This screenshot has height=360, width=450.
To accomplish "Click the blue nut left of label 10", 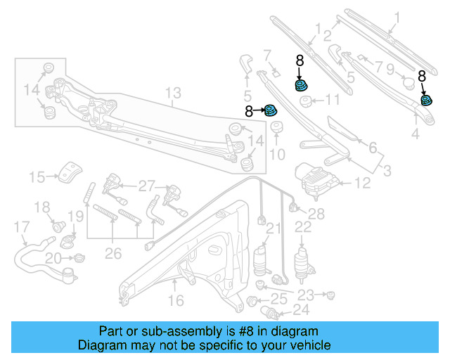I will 269,110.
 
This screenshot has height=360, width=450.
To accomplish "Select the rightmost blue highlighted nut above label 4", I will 426,100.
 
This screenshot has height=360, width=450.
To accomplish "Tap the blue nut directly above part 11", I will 300,86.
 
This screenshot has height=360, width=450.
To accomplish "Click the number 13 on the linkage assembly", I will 173,93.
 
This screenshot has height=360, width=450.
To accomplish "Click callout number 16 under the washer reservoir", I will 175,300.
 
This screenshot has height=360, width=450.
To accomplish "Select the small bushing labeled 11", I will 307,101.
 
